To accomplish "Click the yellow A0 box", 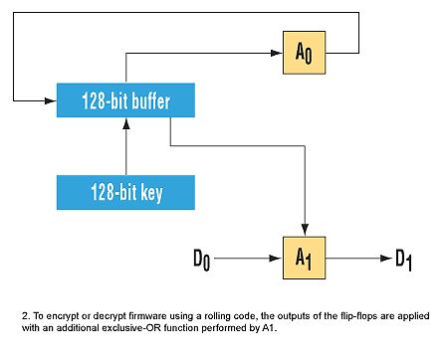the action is tap(304, 53).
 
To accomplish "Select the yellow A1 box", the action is tap(304, 258).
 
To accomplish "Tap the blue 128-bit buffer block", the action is tap(125, 100).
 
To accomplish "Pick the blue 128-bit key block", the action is tap(125, 192).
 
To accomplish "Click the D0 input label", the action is tap(201, 260).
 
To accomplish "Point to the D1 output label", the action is tap(403, 260).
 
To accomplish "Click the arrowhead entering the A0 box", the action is tap(277, 53).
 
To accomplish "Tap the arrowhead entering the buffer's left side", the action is tap(51, 100).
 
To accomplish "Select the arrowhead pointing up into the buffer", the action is tap(126, 123).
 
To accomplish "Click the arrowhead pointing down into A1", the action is tap(305, 231).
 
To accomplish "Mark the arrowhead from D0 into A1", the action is tap(277, 258).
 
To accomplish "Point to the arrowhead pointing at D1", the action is tap(386, 258).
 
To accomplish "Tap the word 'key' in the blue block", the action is tap(151, 193).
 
